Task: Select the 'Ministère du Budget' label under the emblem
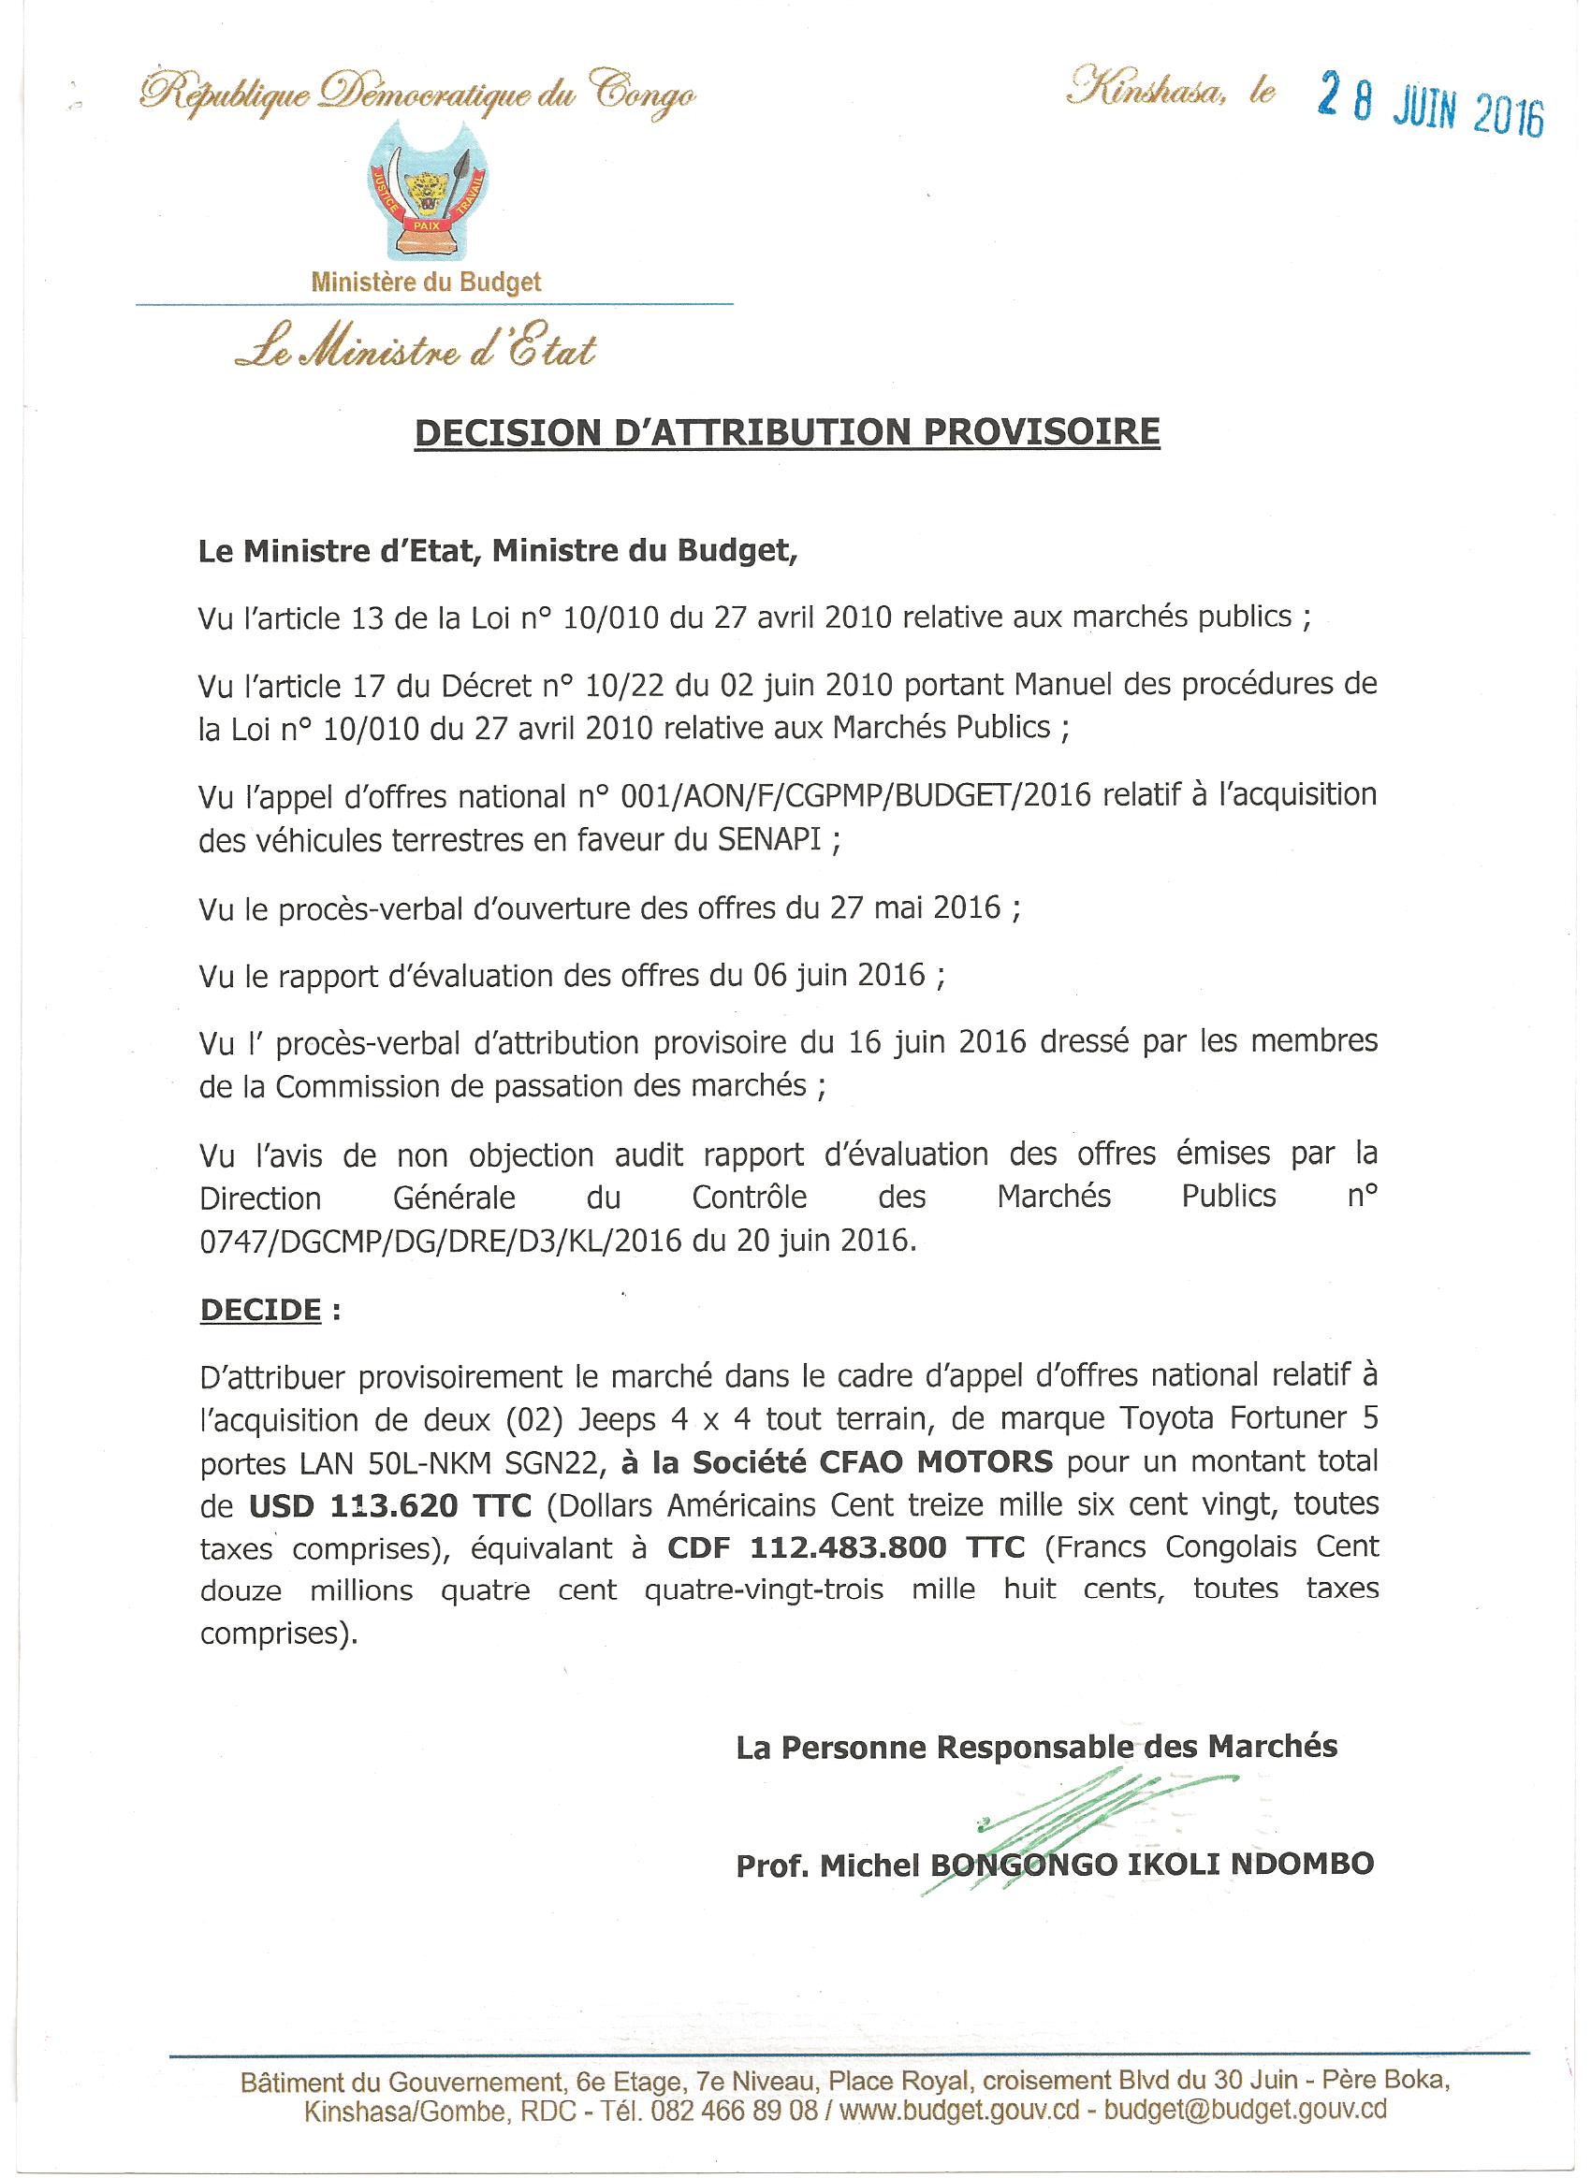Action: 426,283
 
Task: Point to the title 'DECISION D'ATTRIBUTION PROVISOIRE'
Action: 787,432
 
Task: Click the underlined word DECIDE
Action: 260,1310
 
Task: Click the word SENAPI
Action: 769,839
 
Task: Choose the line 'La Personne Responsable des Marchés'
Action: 1036,1748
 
